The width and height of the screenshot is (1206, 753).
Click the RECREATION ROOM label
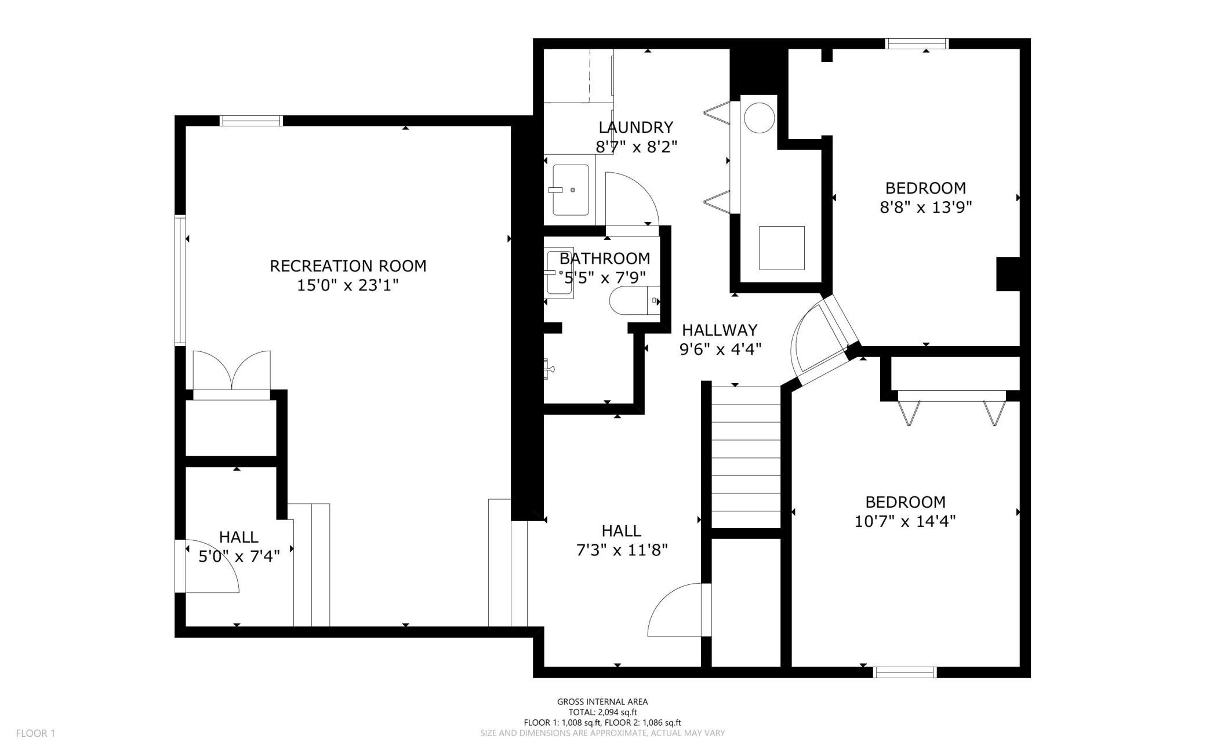[348, 266]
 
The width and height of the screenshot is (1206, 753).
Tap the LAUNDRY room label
[636, 127]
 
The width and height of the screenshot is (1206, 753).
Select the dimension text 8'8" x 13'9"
[926, 207]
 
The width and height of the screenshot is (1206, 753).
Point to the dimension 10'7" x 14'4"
[905, 521]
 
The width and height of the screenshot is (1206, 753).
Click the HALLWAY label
[720, 330]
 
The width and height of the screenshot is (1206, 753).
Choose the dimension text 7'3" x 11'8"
[622, 550]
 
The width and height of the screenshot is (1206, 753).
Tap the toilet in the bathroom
[635, 301]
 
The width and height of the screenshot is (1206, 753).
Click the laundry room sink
[571, 190]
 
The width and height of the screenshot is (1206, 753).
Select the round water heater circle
[759, 118]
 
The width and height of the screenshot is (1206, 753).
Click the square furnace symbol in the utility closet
[782, 248]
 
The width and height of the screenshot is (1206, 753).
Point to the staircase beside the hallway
[746, 457]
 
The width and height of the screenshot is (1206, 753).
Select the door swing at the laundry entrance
[632, 199]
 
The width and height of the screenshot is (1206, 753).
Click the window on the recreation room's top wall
[251, 121]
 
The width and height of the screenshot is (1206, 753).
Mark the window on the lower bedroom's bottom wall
[905, 672]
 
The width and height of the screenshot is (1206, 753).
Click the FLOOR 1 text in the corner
[35, 733]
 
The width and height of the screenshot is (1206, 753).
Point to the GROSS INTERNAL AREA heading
[602, 701]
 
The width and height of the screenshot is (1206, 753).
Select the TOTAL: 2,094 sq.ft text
[602, 712]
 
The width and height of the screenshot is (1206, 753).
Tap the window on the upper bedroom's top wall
[917, 43]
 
